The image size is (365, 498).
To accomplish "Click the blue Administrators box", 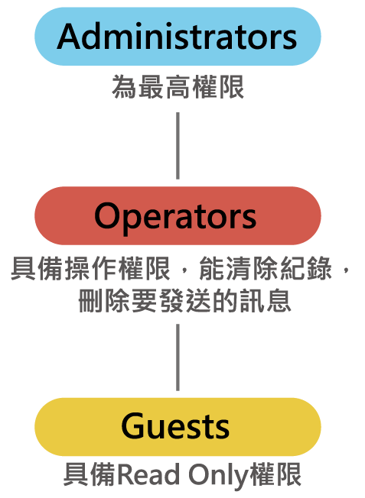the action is [178, 37].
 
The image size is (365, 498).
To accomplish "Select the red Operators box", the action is [178, 215].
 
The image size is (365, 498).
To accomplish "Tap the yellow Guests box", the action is [178, 427].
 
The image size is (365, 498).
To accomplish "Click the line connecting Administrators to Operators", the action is [178, 146].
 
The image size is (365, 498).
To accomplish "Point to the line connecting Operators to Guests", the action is [178, 357].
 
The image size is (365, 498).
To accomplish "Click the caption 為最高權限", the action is [178, 87].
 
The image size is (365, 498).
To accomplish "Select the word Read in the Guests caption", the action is [148, 475].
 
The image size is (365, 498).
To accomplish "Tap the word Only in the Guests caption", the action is [219, 475].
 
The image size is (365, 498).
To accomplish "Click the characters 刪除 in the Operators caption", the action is [104, 300].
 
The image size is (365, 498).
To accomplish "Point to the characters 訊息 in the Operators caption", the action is [266, 300].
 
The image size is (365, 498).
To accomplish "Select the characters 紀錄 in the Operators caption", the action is [306, 269].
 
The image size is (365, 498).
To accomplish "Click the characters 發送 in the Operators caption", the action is [184, 300].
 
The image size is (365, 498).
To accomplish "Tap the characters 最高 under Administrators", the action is [165, 87].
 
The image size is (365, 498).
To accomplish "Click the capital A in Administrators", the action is [70, 37].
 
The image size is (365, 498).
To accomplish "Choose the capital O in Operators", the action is [107, 216].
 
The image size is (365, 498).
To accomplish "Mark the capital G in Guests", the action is [133, 426].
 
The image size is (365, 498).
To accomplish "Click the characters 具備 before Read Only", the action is [91, 475].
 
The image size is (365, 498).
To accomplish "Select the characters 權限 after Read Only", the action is [276, 475].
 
